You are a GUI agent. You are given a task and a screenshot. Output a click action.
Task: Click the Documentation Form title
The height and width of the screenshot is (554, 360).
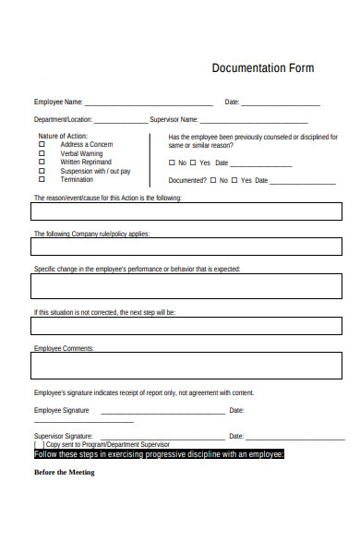click(263, 68)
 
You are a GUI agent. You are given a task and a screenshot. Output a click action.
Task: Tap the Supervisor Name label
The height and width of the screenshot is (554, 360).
click(174, 120)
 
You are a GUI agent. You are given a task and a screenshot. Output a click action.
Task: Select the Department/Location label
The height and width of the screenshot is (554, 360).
click(63, 120)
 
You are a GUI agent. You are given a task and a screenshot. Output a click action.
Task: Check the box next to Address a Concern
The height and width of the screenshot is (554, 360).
click(42, 145)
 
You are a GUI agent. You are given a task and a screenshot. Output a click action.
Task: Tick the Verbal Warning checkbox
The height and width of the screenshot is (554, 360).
click(42, 153)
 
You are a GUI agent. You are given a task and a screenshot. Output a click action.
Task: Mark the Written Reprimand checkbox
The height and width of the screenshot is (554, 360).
click(42, 163)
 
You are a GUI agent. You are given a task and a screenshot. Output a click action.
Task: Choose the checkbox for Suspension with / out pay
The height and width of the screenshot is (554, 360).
click(42, 171)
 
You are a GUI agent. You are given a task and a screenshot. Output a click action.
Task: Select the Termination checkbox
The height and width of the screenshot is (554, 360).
click(42, 180)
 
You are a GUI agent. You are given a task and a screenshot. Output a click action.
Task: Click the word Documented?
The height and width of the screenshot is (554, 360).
click(187, 181)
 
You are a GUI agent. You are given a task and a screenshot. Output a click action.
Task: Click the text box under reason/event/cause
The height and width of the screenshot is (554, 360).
click(186, 215)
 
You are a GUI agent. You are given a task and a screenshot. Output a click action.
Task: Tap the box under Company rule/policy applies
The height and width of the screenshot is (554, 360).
click(186, 251)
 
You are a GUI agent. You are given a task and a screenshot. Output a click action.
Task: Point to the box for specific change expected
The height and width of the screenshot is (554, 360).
click(186, 287)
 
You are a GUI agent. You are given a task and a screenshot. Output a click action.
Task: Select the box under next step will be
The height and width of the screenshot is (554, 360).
click(186, 329)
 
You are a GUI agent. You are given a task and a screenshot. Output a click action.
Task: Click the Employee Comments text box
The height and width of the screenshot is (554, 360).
click(186, 366)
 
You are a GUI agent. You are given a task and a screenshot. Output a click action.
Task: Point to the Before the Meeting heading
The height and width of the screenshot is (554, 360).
click(65, 473)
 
